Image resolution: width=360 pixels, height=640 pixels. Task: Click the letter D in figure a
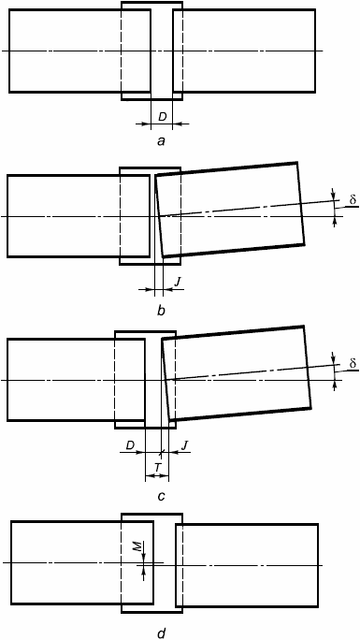[163, 117]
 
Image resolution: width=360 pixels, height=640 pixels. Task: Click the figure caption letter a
[162, 141]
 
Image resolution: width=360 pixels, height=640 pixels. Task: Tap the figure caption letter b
[161, 311]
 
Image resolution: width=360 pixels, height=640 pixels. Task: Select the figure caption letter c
[162, 496]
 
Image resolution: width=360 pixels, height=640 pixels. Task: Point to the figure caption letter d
[162, 633]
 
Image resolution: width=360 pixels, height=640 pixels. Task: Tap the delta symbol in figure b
[353, 199]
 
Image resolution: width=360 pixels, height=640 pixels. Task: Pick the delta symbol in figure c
[353, 363]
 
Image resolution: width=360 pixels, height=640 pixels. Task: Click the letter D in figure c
[130, 444]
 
